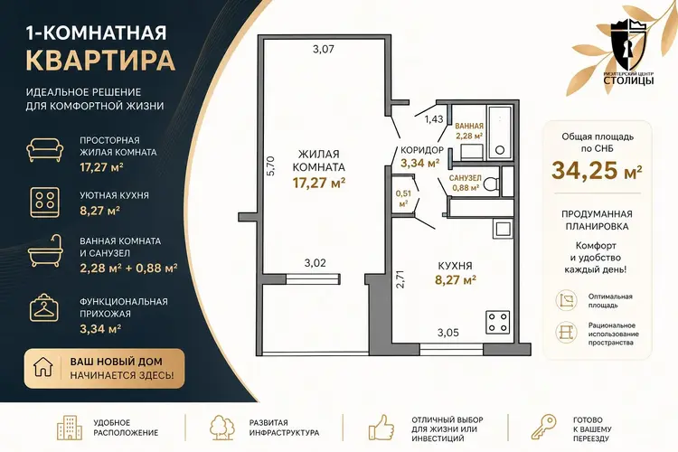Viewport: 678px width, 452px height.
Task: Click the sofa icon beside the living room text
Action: click(x=45, y=150)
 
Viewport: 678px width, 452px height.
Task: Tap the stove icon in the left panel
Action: click(x=44, y=202)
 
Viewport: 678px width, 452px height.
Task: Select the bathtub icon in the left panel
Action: click(x=45, y=251)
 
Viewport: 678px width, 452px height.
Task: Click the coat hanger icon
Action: click(x=43, y=307)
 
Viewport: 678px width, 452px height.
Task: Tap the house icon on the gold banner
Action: click(x=43, y=367)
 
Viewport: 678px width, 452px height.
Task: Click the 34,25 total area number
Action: click(x=583, y=170)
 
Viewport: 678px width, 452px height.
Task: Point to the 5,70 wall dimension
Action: click(x=270, y=165)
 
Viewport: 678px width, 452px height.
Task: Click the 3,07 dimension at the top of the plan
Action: click(x=324, y=50)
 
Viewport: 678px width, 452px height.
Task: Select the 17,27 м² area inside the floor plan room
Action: click(x=319, y=183)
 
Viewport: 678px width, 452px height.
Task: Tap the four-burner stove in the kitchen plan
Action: click(x=498, y=322)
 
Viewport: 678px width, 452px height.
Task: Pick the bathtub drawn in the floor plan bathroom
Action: click(x=499, y=132)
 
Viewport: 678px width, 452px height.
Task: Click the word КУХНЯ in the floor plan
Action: click(x=455, y=266)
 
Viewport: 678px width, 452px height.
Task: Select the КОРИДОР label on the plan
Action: click(x=422, y=150)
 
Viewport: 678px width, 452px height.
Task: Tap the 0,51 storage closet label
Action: click(x=403, y=193)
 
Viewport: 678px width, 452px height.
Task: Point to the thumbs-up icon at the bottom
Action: click(x=381, y=428)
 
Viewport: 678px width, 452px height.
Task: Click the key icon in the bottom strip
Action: click(x=543, y=427)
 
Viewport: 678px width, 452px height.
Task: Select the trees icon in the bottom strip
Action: click(x=222, y=428)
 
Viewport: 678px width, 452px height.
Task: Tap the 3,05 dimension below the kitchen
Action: click(x=448, y=333)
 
